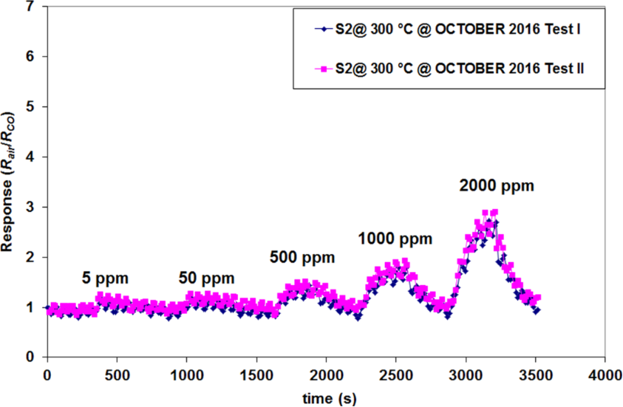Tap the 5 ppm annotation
pyautogui.click(x=105, y=278)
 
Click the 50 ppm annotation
pyautogui.click(x=206, y=278)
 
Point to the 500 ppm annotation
pyautogui.click(x=302, y=257)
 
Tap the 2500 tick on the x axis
pyautogui.click(x=395, y=374)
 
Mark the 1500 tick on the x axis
pyautogui.click(x=256, y=374)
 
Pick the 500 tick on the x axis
pyautogui.click(x=116, y=374)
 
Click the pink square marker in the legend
pyautogui.click(x=321, y=69)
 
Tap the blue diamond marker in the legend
pyautogui.click(x=321, y=30)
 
